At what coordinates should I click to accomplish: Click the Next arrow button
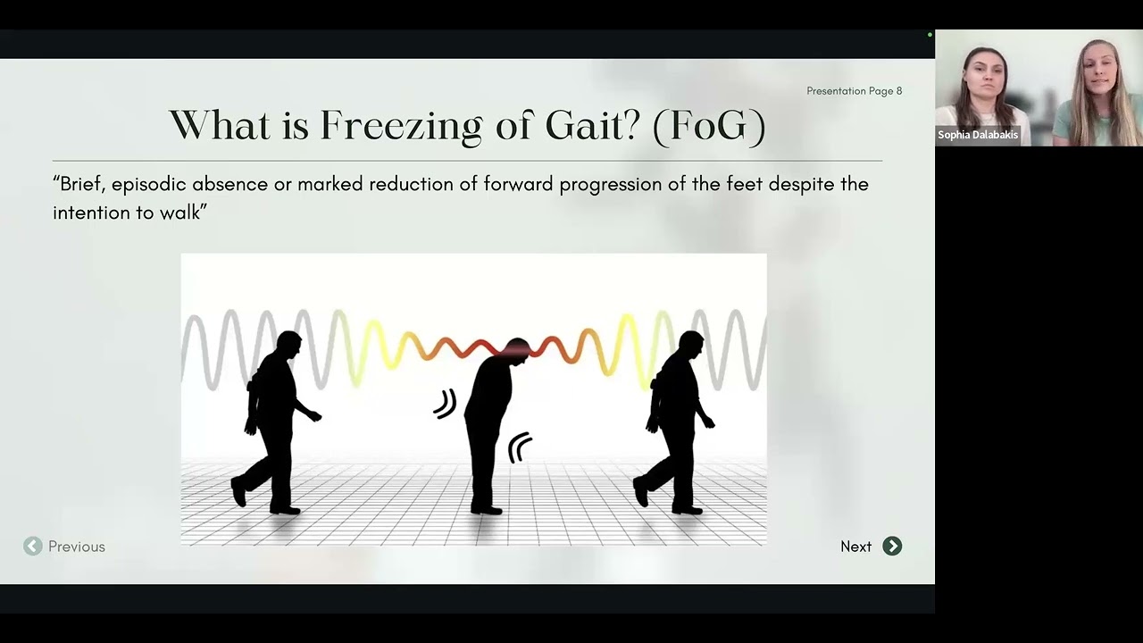892,547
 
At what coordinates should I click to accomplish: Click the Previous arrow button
33,547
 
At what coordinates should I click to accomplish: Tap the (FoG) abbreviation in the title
709,126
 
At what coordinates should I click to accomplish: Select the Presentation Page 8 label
854,91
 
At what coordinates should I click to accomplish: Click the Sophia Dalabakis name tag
978,135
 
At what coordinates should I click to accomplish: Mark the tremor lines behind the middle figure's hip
444,404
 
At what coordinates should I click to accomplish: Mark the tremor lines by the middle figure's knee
520,447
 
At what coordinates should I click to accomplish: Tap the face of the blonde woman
1094,73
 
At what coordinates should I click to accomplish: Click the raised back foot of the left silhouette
238,491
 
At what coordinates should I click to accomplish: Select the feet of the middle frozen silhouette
487,509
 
